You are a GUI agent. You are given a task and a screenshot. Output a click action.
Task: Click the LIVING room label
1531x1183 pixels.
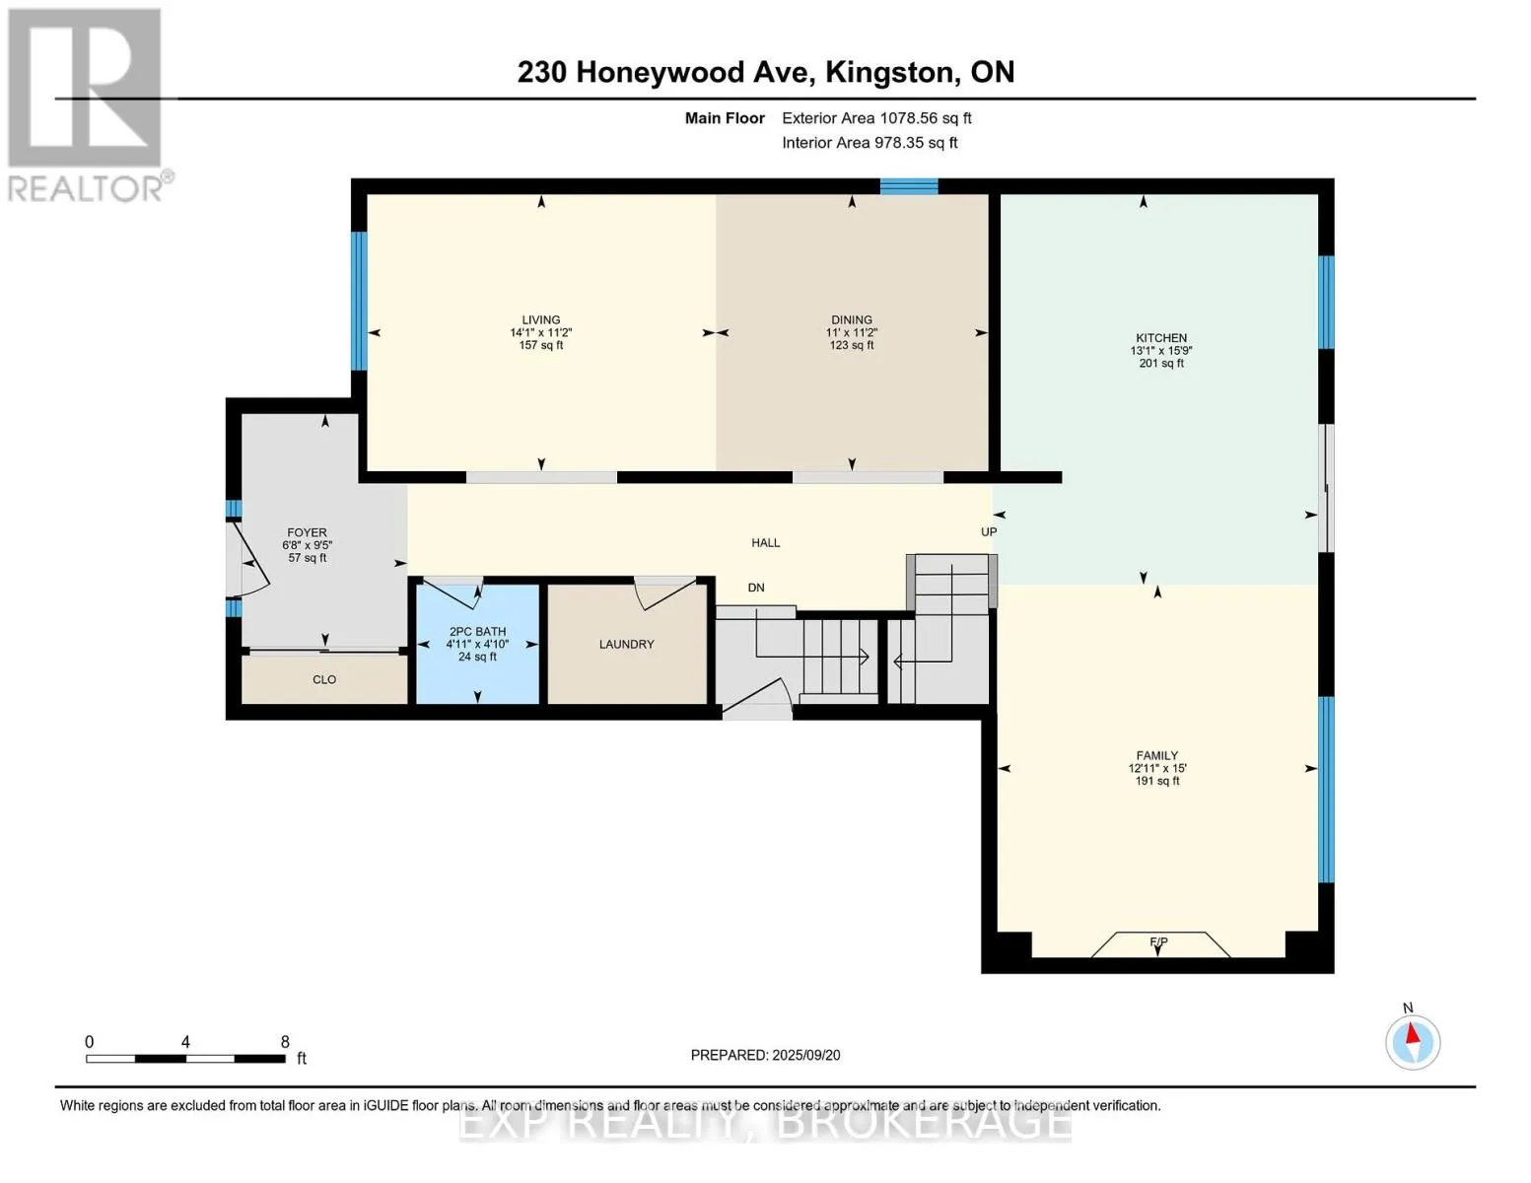[540, 319]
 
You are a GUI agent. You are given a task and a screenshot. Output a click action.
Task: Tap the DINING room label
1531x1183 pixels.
[851, 319]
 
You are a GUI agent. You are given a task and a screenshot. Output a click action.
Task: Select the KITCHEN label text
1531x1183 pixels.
[1161, 337]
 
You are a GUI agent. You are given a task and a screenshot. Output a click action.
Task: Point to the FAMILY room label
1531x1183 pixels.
[1157, 755]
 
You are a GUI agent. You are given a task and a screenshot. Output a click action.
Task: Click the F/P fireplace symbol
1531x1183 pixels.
[1159, 944]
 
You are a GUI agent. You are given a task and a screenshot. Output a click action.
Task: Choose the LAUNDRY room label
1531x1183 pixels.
[626, 644]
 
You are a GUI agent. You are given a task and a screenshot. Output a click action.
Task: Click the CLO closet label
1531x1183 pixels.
[324, 679]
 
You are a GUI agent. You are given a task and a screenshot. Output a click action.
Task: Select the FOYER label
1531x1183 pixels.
[307, 532]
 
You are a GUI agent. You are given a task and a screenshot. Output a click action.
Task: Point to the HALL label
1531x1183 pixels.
[765, 542]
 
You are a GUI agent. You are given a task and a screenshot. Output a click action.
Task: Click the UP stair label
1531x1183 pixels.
[989, 532]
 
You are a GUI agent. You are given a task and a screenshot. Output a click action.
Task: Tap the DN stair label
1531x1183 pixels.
[756, 588]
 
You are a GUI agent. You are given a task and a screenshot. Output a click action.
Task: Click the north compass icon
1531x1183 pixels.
[1412, 1042]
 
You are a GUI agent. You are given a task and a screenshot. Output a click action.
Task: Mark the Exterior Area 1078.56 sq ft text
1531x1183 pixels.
[876, 118]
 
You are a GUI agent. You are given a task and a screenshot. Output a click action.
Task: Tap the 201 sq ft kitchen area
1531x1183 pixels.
[1161, 363]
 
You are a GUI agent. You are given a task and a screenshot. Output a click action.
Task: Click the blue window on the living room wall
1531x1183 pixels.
[359, 301]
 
